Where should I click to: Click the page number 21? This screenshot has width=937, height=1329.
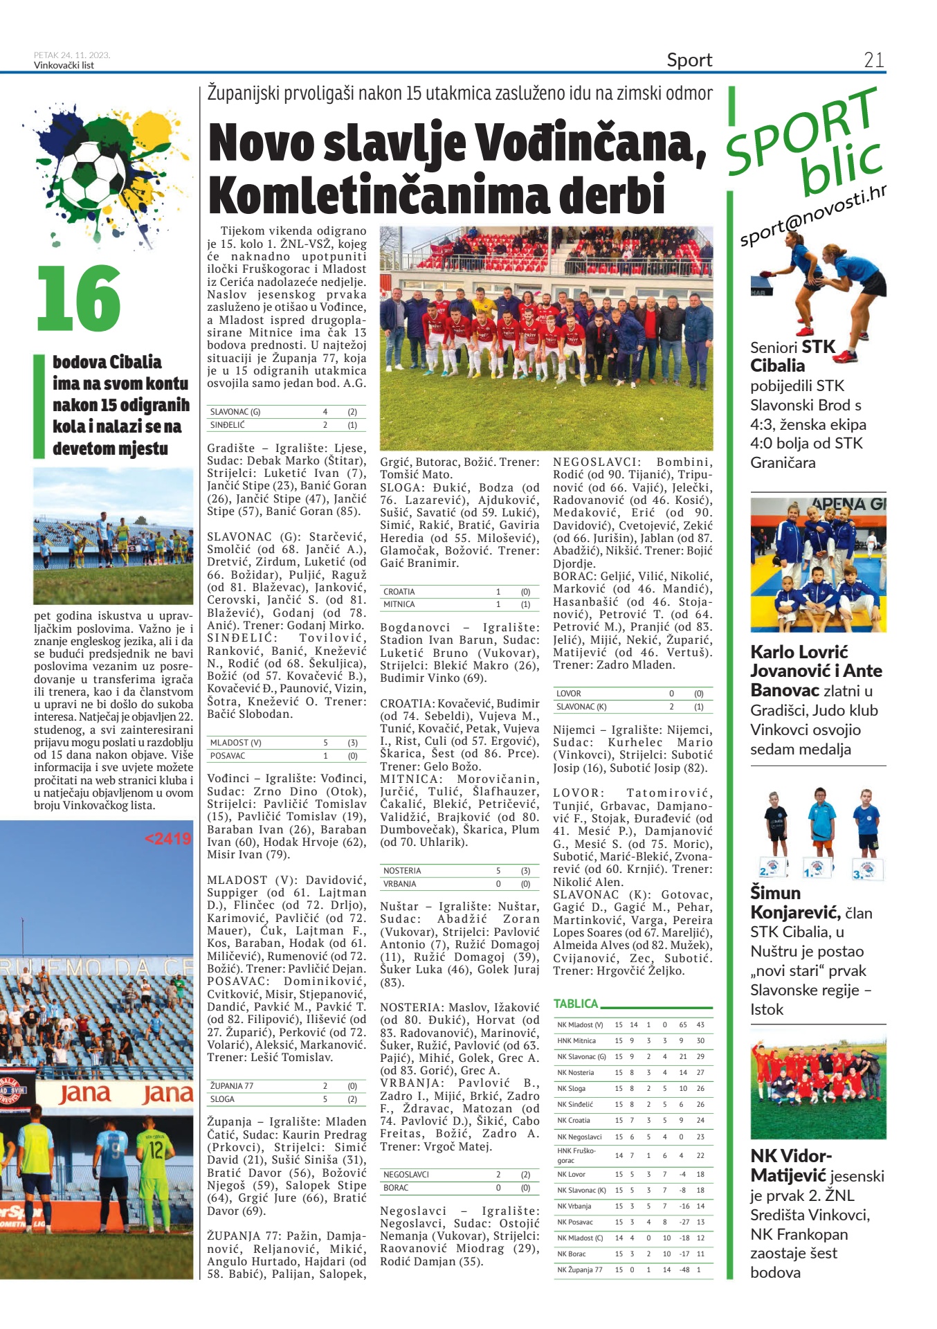(873, 60)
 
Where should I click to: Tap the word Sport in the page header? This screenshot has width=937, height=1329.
(689, 60)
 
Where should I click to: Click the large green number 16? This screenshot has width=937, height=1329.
(79, 299)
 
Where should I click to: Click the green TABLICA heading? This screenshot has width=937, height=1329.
(575, 1004)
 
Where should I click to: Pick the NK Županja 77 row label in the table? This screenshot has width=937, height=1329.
(580, 1269)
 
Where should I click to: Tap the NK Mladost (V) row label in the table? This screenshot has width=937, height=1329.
(580, 1024)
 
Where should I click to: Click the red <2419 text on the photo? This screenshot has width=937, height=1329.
(167, 839)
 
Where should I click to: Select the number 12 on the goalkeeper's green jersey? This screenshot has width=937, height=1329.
(156, 1150)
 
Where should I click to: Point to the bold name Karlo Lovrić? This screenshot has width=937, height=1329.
(799, 652)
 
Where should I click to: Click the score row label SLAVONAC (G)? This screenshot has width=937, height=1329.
(235, 412)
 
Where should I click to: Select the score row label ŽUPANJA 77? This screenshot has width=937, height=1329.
(232, 1086)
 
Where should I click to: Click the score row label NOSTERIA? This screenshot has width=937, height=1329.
(402, 871)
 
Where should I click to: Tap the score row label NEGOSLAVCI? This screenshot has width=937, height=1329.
(406, 1175)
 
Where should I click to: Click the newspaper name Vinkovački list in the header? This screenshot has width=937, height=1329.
(64, 66)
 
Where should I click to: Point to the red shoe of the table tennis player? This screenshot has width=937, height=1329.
(844, 356)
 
